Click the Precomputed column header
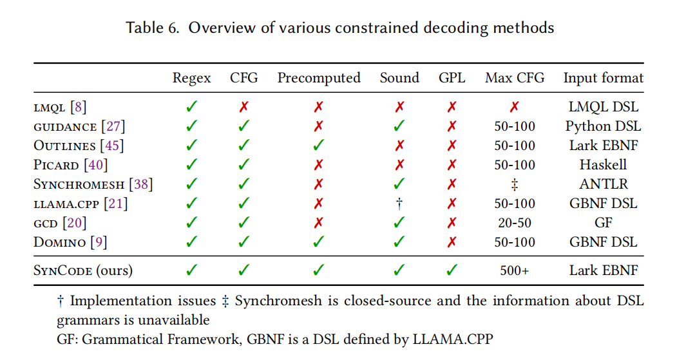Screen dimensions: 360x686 point(319,78)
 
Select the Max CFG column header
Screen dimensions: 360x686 point(515,78)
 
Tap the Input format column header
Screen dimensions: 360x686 point(604,78)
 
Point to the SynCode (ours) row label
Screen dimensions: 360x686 point(83,270)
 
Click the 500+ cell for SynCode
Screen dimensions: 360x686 point(515,270)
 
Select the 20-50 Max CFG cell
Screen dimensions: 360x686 point(515,223)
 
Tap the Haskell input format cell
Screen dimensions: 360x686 point(604,165)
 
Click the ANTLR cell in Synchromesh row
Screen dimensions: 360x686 point(604,184)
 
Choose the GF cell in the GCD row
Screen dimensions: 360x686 point(604,223)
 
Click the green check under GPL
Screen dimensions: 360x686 point(452,270)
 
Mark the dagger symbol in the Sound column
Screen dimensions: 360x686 point(399,204)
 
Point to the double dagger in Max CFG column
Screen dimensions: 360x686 point(515,185)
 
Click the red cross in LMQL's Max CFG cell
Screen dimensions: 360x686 point(515,107)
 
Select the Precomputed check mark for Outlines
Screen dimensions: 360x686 point(319,146)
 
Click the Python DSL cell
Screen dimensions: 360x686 point(604,126)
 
